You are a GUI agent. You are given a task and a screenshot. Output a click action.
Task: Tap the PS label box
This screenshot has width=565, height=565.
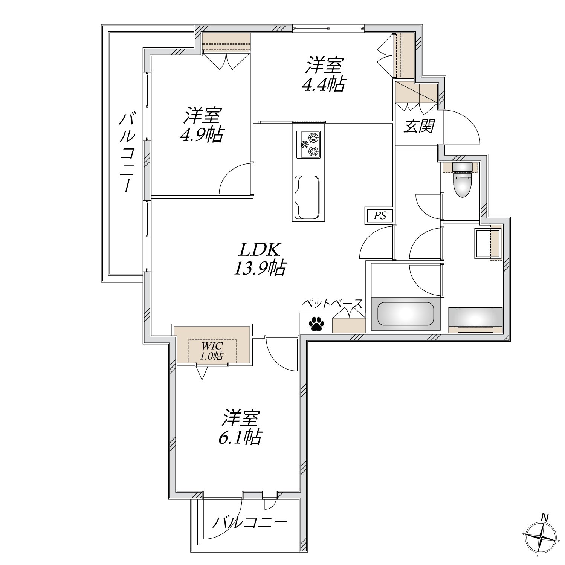(x=380, y=216)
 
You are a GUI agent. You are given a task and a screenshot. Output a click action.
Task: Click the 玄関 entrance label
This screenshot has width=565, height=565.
(x=419, y=127)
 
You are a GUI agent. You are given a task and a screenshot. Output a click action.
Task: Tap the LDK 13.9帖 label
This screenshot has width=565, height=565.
(x=260, y=259)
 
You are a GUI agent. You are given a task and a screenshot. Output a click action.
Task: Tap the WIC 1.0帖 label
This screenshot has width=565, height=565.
(x=212, y=350)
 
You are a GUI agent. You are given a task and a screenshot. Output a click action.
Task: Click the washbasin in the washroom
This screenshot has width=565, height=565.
(x=488, y=243)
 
